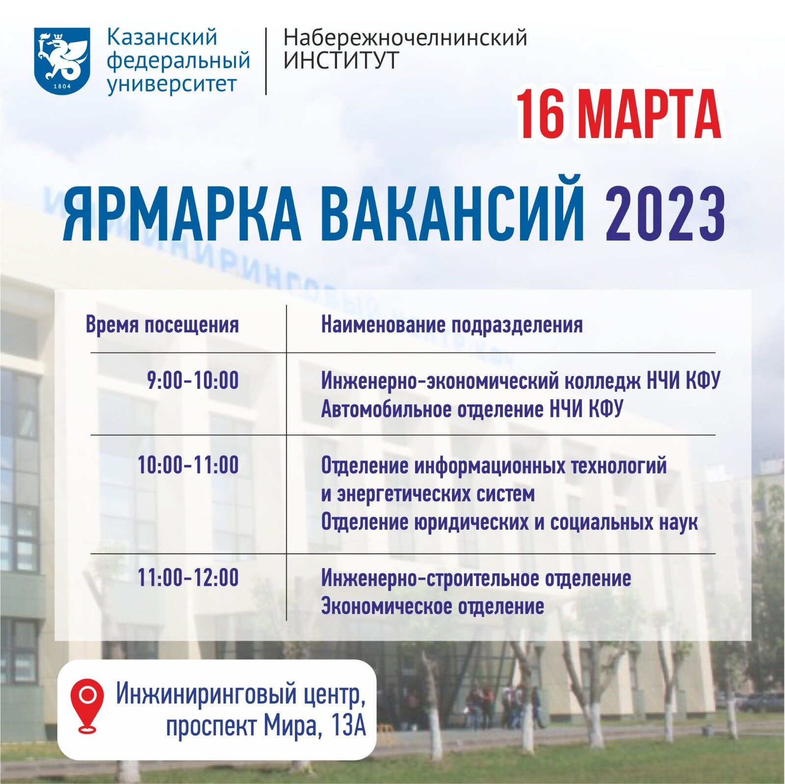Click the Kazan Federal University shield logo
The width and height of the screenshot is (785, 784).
[x=62, y=61]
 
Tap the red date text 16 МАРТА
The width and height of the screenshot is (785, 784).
[x=618, y=115]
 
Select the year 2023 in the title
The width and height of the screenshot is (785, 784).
[x=665, y=215]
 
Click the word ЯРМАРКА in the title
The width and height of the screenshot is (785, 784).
[x=182, y=215]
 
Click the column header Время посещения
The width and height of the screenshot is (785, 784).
[x=162, y=325]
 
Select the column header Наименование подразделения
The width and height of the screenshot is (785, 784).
[x=452, y=325]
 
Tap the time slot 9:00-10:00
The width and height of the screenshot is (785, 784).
[x=193, y=380]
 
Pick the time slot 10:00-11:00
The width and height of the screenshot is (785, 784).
[x=188, y=465]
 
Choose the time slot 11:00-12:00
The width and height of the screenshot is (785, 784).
[x=188, y=577]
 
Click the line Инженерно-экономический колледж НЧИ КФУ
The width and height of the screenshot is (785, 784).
[x=521, y=381]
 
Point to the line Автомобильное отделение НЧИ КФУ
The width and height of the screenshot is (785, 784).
[x=472, y=409]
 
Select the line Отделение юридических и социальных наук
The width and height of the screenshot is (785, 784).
[x=509, y=522]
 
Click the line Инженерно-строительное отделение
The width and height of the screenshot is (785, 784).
[x=476, y=578]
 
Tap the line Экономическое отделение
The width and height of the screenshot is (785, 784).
[x=433, y=606]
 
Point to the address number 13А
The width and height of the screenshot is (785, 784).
[x=349, y=726]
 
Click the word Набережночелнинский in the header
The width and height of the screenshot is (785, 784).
[x=405, y=38]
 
